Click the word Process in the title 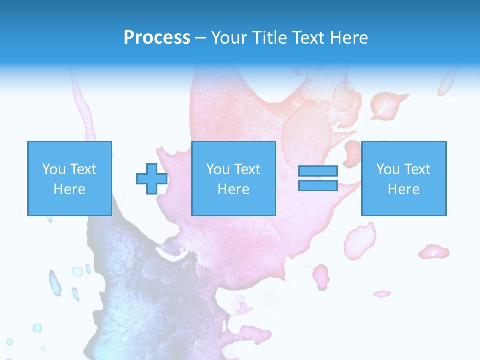[x=157, y=38]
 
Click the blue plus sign [x=152, y=179]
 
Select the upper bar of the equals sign [x=318, y=171]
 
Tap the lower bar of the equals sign [x=318, y=185]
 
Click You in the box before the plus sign [x=54, y=169]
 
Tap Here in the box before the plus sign [x=70, y=189]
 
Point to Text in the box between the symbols [x=247, y=169]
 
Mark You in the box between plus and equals [x=218, y=169]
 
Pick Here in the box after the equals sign [x=404, y=189]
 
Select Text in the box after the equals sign [x=417, y=169]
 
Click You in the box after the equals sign [x=388, y=169]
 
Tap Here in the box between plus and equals [x=234, y=189]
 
